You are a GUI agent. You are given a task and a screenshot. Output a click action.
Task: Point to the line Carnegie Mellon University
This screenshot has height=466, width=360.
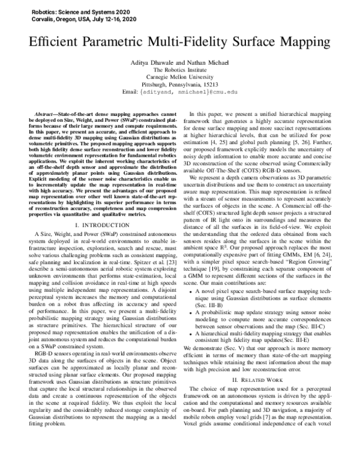180,78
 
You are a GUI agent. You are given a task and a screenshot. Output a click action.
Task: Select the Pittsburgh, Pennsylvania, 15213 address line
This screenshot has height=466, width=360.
180,85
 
